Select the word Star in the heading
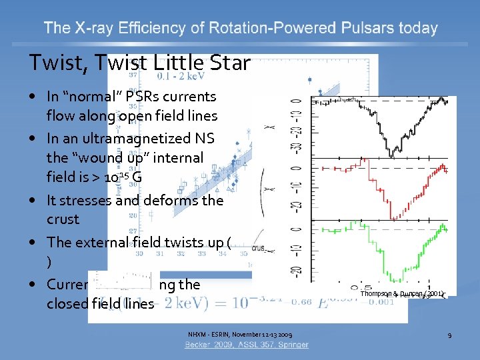pos(229,63)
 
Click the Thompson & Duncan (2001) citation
pos(402,293)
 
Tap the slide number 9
pos(449,335)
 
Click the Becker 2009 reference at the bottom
pos(247,345)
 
